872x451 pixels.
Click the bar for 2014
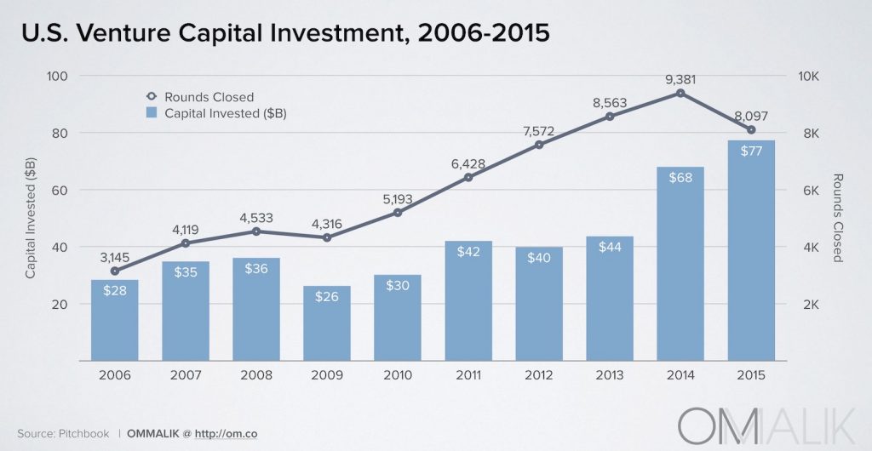680,264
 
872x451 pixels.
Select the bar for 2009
327,323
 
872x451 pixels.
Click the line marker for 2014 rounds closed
680,92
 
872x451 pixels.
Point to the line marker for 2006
115,271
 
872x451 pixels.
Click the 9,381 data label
680,79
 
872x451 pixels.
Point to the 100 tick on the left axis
56,76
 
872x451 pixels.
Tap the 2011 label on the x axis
468,375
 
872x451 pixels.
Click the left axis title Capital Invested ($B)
31,219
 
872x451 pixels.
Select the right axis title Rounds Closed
837,219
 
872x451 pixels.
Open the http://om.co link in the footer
227,433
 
